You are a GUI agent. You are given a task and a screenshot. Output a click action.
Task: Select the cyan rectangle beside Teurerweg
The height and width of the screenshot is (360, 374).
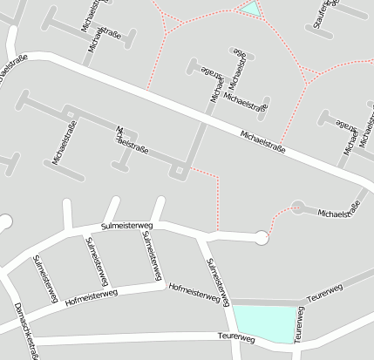[x=264, y=324]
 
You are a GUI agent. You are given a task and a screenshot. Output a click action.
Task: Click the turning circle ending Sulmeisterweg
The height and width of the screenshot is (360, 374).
[x=262, y=236]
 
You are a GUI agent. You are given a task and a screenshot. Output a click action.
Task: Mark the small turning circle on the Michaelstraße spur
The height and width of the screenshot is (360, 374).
[x=297, y=207]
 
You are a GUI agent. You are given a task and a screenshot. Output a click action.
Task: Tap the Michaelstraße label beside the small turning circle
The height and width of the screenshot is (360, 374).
[x=339, y=211]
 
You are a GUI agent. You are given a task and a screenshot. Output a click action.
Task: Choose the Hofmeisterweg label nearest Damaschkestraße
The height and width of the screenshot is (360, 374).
[x=91, y=298]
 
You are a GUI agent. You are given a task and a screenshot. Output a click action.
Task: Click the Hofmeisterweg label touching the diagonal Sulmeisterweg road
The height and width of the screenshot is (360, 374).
[x=194, y=291]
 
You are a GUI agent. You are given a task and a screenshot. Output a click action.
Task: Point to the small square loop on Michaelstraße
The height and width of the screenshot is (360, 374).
[x=180, y=170]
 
